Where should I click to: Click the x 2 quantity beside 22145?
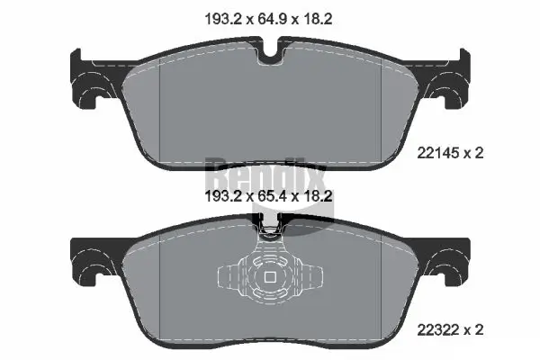(x=474, y=153)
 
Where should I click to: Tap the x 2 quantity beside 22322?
(x=474, y=330)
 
